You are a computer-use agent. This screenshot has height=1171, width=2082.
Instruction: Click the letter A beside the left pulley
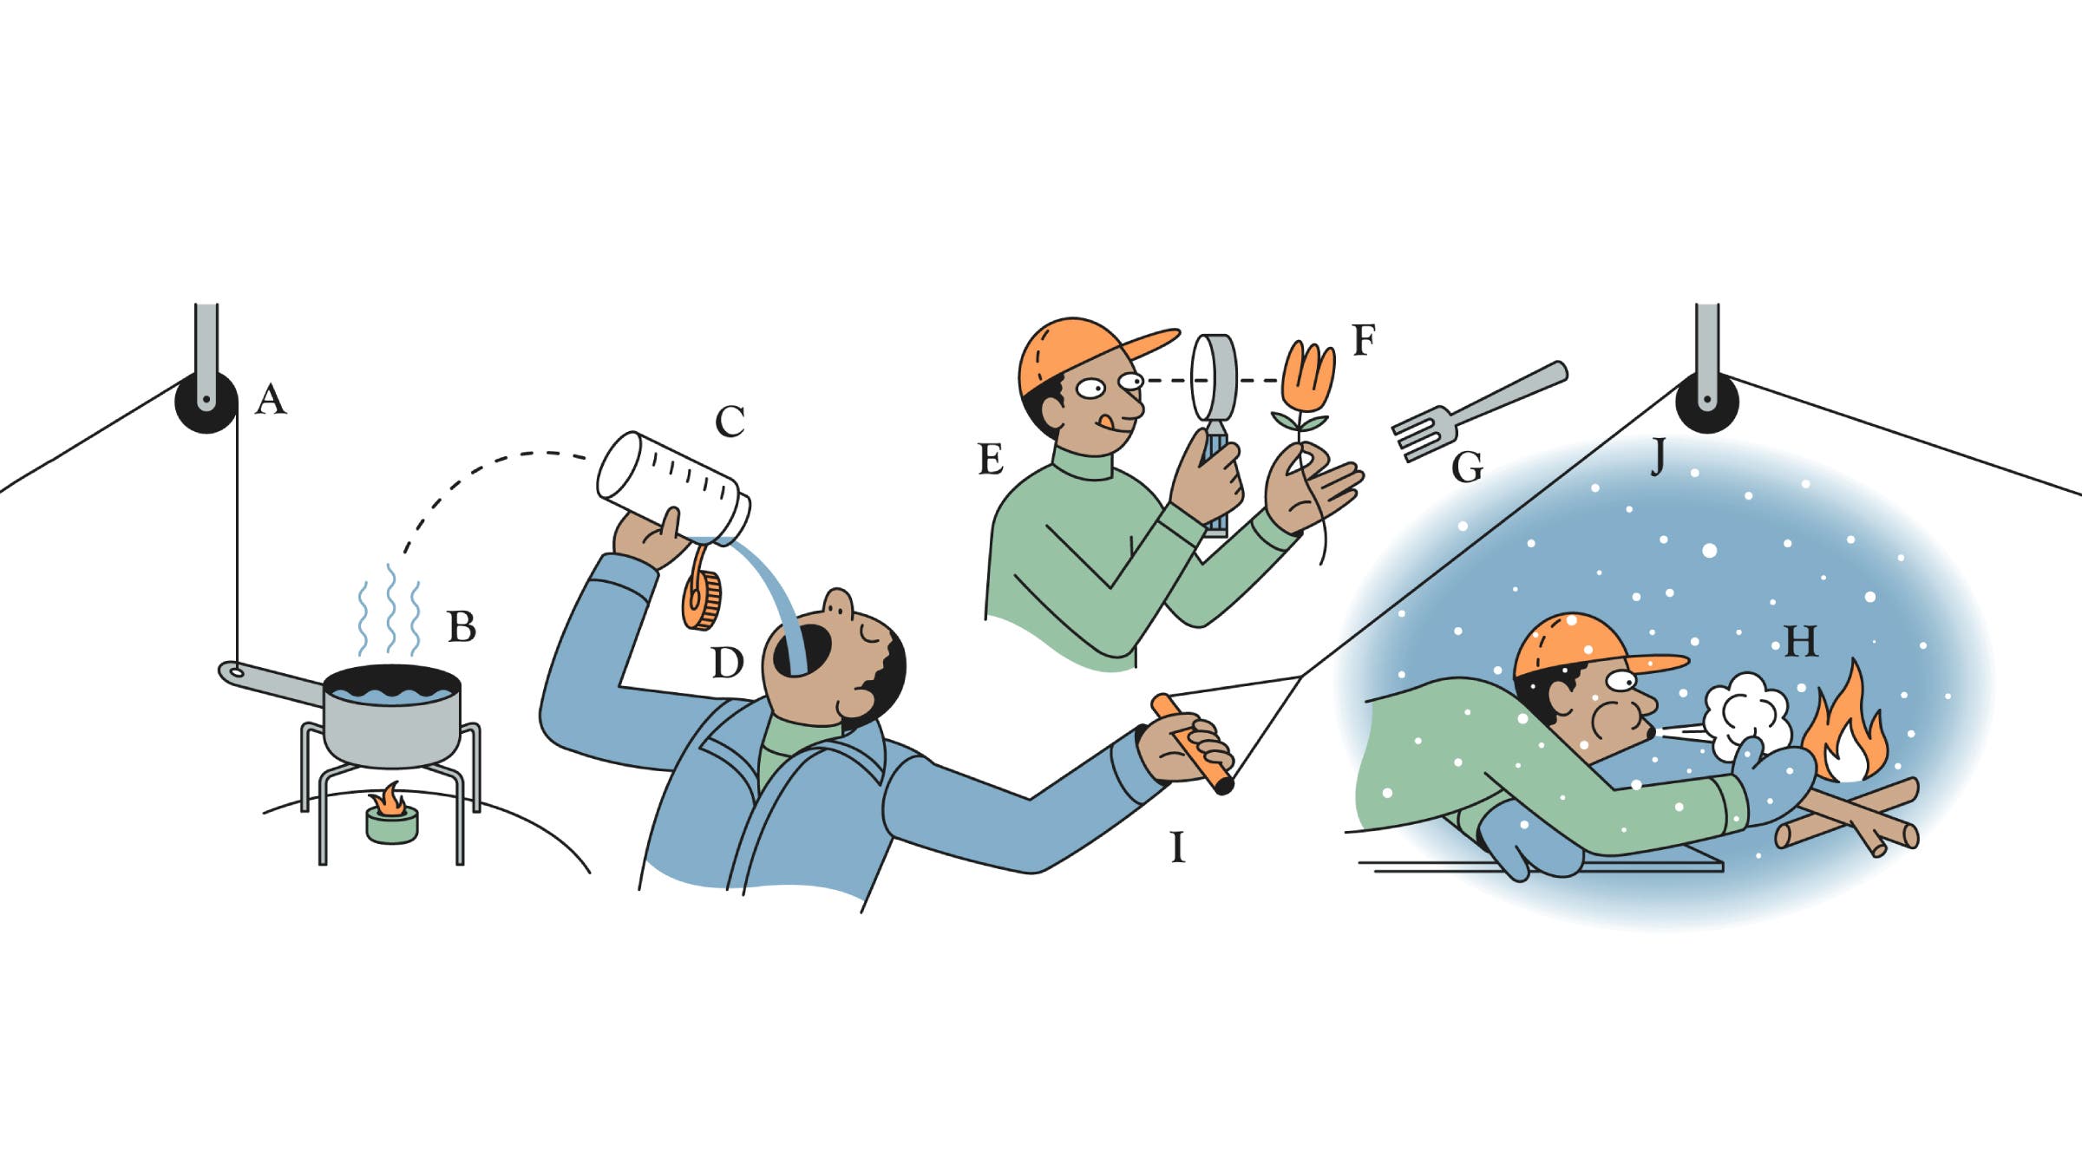coord(271,400)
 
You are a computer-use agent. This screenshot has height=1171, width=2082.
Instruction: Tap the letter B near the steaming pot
coord(462,626)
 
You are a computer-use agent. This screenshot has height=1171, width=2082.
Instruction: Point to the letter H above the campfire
coord(1800,642)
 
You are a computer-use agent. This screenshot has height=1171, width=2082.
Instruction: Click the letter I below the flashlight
coord(1177,847)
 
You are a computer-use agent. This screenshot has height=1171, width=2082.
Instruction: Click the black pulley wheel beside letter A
coord(206,403)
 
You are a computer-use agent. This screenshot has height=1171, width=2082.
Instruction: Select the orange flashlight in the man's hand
coord(1193,743)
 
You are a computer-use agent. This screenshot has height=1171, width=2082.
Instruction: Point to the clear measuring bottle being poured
coord(672,486)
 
